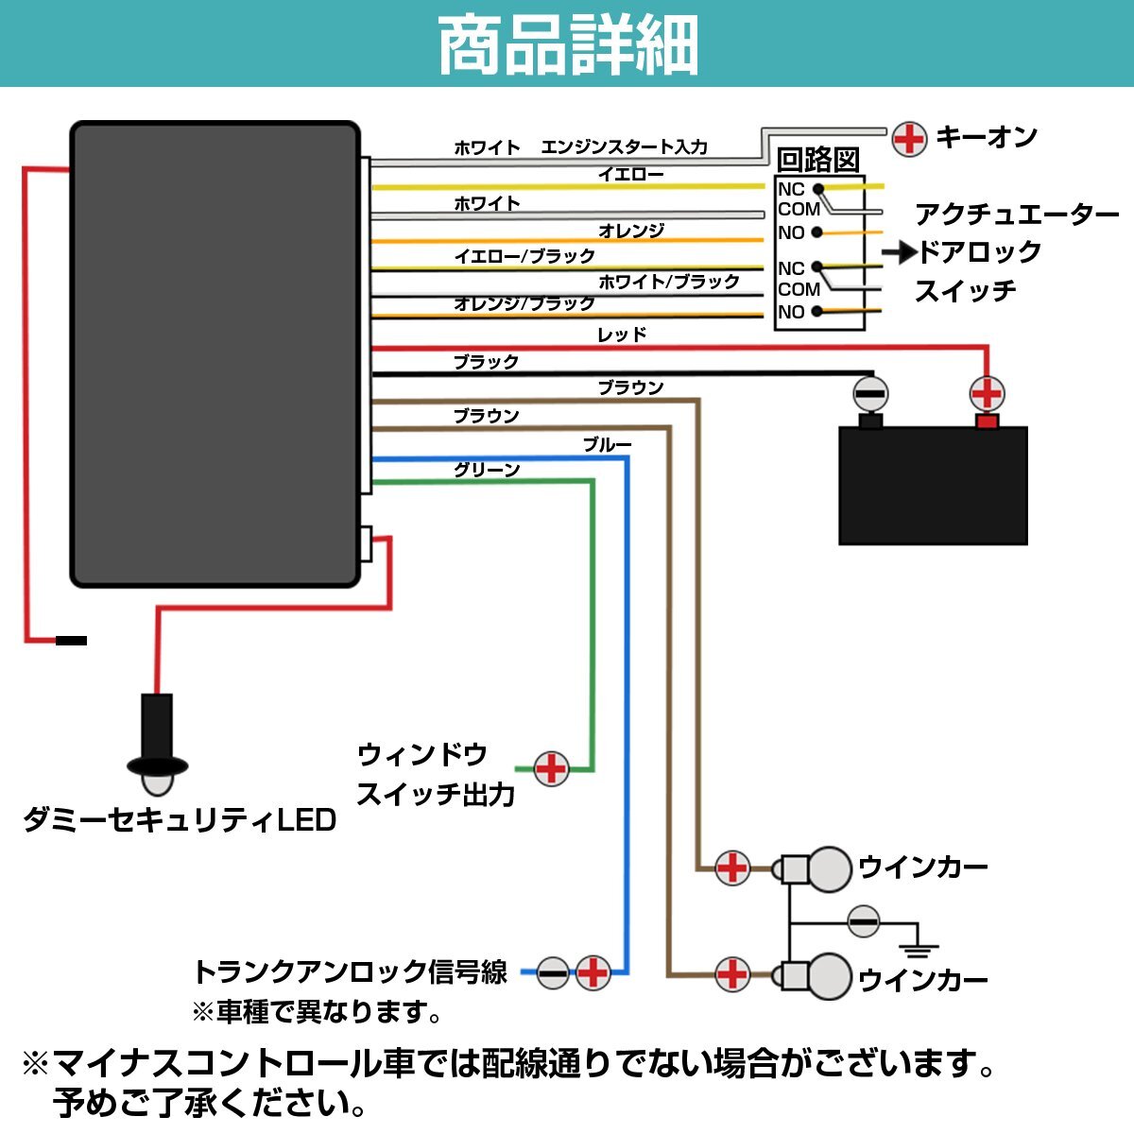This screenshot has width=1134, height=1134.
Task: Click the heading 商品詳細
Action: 568,44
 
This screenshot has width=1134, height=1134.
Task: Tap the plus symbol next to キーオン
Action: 909,139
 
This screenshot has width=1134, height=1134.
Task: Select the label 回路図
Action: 818,160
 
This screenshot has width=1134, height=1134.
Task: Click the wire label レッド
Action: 622,335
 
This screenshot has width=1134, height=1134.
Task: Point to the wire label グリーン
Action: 487,470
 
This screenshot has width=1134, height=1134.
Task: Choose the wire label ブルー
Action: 607,444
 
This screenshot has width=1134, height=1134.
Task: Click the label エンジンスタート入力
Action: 624,146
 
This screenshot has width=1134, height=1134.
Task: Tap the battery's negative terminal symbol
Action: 869,393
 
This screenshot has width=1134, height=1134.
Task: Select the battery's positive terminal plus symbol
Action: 987,393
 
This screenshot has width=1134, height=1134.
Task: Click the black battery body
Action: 933,486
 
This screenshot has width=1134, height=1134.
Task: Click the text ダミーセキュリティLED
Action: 180,820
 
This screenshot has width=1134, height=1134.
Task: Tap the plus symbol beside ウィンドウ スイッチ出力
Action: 551,768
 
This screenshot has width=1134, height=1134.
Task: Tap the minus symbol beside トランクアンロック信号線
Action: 553,972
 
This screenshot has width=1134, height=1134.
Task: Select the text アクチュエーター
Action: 1017,215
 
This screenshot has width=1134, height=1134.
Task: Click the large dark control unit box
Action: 215,354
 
